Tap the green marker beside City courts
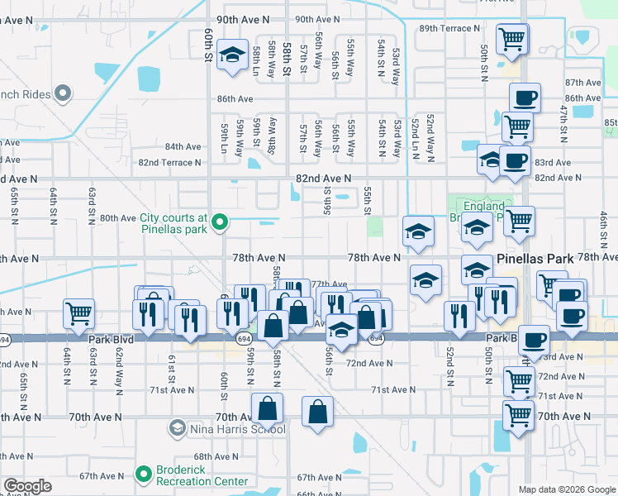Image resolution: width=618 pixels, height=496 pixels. click(220, 222)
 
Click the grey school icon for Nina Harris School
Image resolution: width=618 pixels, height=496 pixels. click(177, 428)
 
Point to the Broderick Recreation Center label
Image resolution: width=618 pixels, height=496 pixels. click(202, 475)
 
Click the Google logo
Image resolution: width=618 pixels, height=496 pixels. click(27, 486)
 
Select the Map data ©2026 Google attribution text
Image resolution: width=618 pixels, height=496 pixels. click(566, 489)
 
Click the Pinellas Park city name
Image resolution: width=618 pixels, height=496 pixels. click(535, 259)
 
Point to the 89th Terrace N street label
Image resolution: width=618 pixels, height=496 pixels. click(449, 28)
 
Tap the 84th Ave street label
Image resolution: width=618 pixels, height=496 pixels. click(183, 146)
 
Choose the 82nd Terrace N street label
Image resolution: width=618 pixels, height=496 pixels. click(169, 163)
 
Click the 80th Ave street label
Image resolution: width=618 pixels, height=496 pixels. click(117, 218)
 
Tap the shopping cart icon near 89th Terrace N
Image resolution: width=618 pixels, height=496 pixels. click(512, 37)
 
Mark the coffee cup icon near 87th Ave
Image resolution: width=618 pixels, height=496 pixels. click(525, 98)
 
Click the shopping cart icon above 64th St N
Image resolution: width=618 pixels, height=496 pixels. click(78, 313)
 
